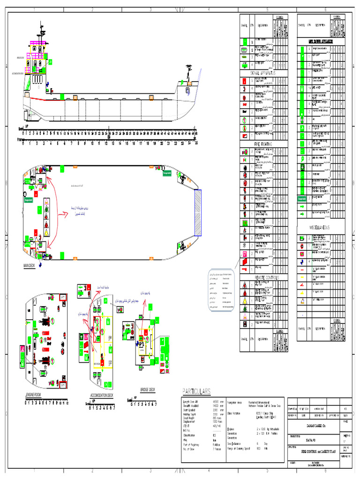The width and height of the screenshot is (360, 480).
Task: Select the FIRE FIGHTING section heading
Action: (263, 144)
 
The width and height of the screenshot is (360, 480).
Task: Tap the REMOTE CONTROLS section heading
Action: (266, 277)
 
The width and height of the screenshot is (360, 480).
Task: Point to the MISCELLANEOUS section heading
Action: (320, 227)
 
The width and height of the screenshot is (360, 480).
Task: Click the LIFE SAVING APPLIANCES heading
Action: (320, 41)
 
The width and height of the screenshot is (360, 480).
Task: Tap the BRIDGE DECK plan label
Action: (148, 389)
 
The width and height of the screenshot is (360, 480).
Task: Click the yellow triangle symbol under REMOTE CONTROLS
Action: (245, 300)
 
